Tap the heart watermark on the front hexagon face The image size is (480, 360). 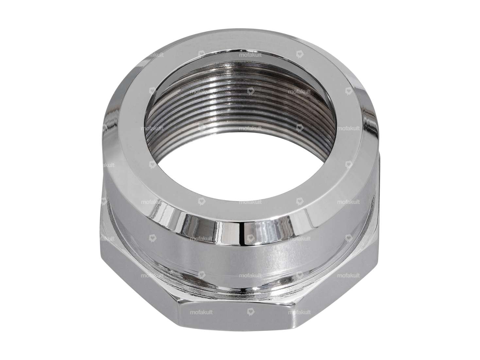pyautogui.click(x=250, y=312)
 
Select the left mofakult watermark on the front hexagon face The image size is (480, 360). pyautogui.click(x=201, y=312)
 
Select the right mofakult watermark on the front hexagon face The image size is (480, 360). pyautogui.click(x=299, y=312)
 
